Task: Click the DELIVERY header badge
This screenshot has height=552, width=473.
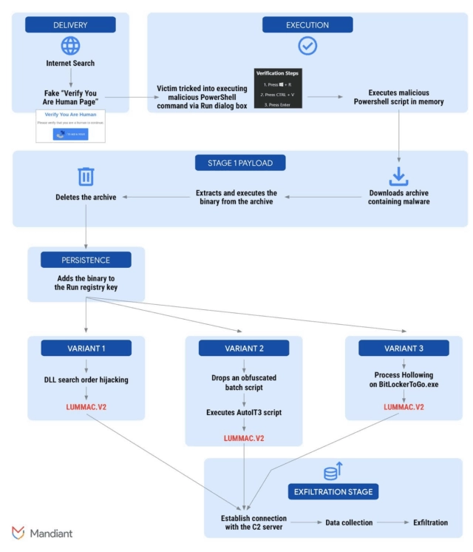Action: (x=70, y=25)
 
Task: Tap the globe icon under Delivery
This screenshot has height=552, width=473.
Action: (x=70, y=46)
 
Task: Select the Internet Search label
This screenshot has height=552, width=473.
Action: (x=70, y=63)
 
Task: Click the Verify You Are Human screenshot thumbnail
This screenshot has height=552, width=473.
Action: (x=70, y=126)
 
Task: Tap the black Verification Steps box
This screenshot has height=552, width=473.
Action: (x=279, y=89)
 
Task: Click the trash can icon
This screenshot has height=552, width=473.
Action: (x=86, y=176)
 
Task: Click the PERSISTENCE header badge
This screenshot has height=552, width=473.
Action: (x=86, y=260)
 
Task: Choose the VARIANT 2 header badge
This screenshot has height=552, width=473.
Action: (x=242, y=348)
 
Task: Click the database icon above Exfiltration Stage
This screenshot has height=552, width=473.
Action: (x=332, y=472)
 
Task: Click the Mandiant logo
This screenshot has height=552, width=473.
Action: (x=42, y=533)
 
